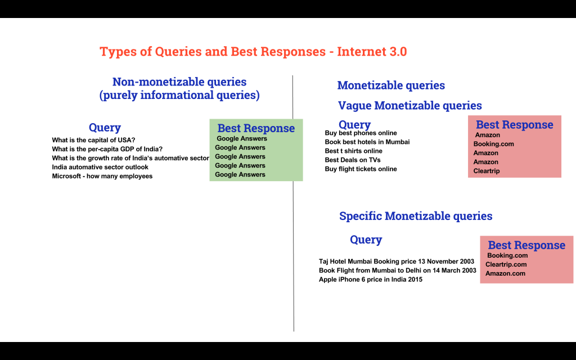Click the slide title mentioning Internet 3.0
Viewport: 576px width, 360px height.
coord(253,51)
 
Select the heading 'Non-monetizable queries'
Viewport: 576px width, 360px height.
coord(179,82)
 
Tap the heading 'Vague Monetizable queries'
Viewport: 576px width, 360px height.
coord(410,106)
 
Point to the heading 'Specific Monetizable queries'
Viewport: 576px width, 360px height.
coord(416,216)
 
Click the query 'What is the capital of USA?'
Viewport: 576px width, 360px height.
coord(94,140)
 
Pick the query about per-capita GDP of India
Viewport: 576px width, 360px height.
coord(107,149)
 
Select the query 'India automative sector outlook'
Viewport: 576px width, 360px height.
coord(100,167)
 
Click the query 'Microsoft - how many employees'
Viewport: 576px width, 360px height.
coord(102,176)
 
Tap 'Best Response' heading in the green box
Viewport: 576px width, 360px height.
coord(256,128)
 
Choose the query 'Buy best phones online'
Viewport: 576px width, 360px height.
coord(361,133)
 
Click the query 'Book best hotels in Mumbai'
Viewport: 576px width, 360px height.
coord(367,142)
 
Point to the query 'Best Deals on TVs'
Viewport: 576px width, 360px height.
coord(353,160)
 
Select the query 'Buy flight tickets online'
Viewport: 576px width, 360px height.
coord(361,169)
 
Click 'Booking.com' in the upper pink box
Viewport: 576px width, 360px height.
coord(494,144)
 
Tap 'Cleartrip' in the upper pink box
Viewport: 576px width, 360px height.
coord(487,171)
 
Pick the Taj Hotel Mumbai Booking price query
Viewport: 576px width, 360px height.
coord(397,262)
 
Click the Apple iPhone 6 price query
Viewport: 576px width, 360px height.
coord(371,280)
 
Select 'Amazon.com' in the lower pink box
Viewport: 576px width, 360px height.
coord(506,273)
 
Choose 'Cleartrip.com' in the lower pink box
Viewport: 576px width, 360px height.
coord(506,264)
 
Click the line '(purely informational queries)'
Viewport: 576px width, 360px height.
coord(179,95)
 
